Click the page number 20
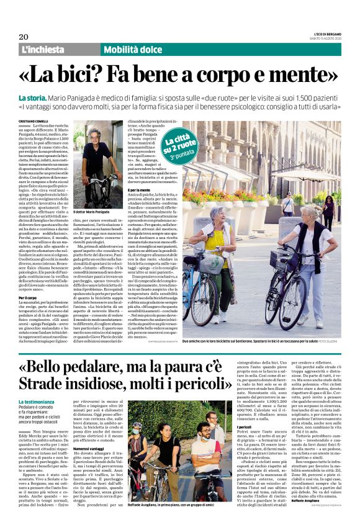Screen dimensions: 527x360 pos(24,37)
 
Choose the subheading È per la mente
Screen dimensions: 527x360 pos(143,189)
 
